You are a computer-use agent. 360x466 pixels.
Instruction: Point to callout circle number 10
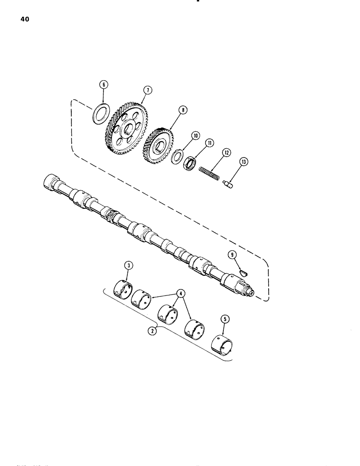click(195, 135)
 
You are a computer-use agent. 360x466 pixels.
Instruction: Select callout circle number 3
click(127, 266)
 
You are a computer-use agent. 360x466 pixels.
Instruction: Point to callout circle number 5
click(226, 319)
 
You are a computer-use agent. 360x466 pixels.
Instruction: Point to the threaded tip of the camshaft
click(250, 292)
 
